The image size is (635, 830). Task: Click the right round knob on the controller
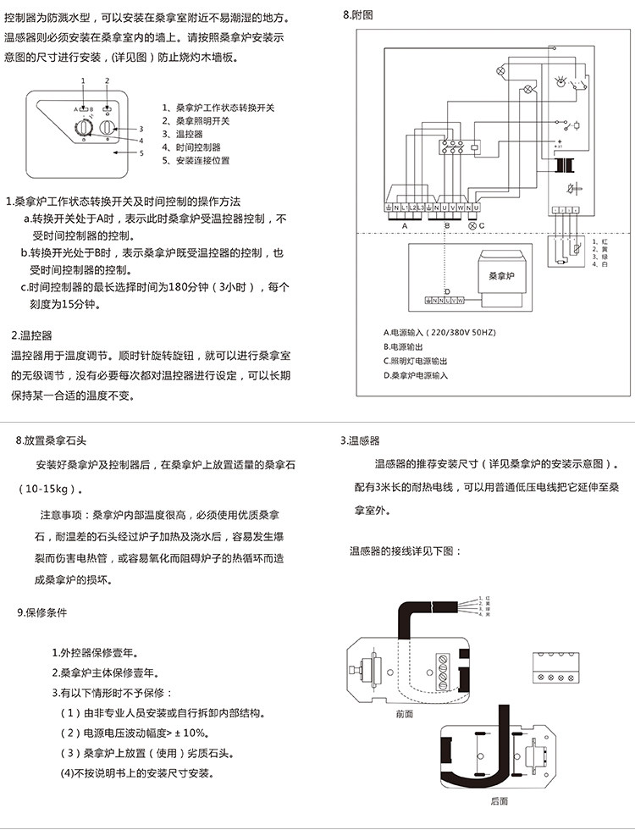click(x=107, y=127)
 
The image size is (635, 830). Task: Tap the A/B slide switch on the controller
click(x=84, y=109)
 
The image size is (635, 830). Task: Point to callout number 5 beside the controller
click(x=141, y=153)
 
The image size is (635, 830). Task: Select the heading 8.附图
click(x=358, y=15)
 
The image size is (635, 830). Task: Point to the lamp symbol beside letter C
click(x=472, y=225)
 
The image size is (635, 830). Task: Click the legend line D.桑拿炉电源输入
click(x=416, y=374)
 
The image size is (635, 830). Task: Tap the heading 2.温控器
click(x=31, y=335)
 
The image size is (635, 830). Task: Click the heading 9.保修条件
click(x=41, y=611)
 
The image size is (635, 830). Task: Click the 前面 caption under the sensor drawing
click(x=405, y=714)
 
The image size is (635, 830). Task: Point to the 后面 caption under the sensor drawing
click(x=500, y=800)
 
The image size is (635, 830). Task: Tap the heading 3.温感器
click(x=360, y=440)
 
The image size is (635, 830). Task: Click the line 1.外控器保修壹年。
click(x=96, y=653)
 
